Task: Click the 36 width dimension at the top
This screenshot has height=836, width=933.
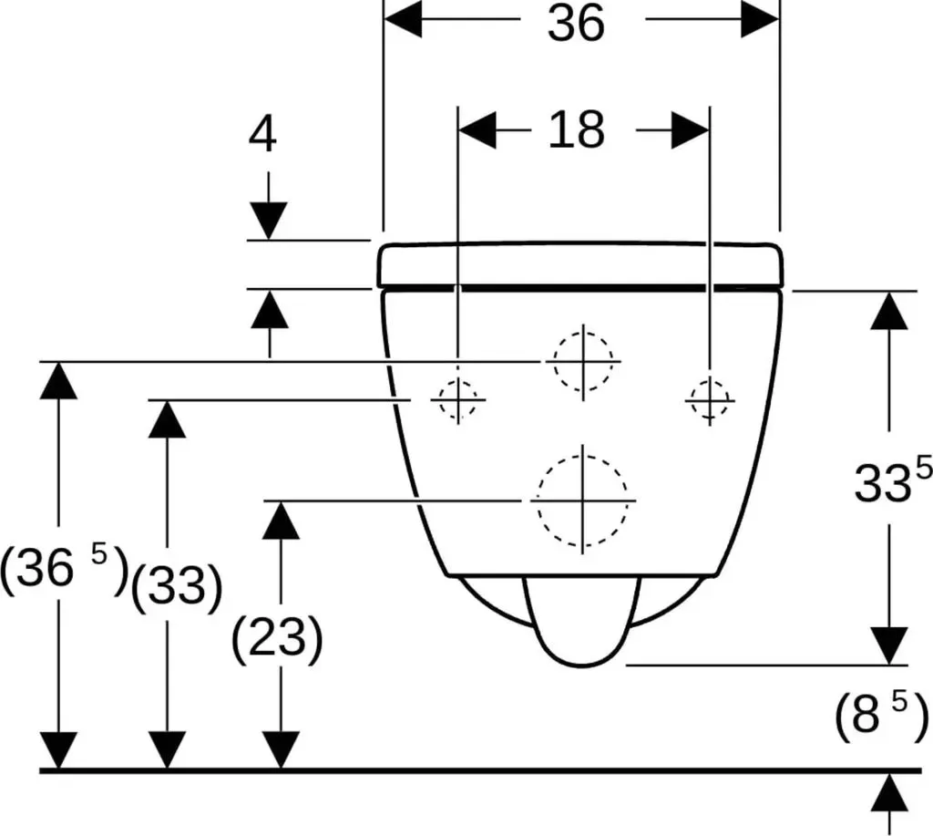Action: (x=576, y=23)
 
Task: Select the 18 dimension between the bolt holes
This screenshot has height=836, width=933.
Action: (x=576, y=129)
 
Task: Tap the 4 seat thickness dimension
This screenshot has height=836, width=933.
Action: (x=262, y=135)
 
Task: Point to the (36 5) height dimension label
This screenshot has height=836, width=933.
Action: (x=65, y=569)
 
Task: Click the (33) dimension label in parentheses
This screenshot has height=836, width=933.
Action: (x=176, y=586)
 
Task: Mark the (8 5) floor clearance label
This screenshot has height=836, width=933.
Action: (x=881, y=714)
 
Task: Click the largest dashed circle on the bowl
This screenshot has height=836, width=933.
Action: (x=538, y=501)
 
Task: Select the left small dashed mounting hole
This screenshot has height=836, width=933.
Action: (x=440, y=399)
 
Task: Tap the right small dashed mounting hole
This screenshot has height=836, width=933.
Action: (x=691, y=399)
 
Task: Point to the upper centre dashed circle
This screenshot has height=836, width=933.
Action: (x=555, y=361)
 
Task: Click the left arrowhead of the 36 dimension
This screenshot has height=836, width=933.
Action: (x=403, y=19)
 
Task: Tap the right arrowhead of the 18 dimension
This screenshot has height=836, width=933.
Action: (x=691, y=129)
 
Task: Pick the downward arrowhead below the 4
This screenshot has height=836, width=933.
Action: (x=269, y=221)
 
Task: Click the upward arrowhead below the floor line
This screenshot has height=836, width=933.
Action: (x=889, y=792)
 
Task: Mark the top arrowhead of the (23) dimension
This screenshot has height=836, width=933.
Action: (x=281, y=521)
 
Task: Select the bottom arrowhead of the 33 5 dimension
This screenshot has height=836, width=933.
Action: (x=889, y=646)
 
